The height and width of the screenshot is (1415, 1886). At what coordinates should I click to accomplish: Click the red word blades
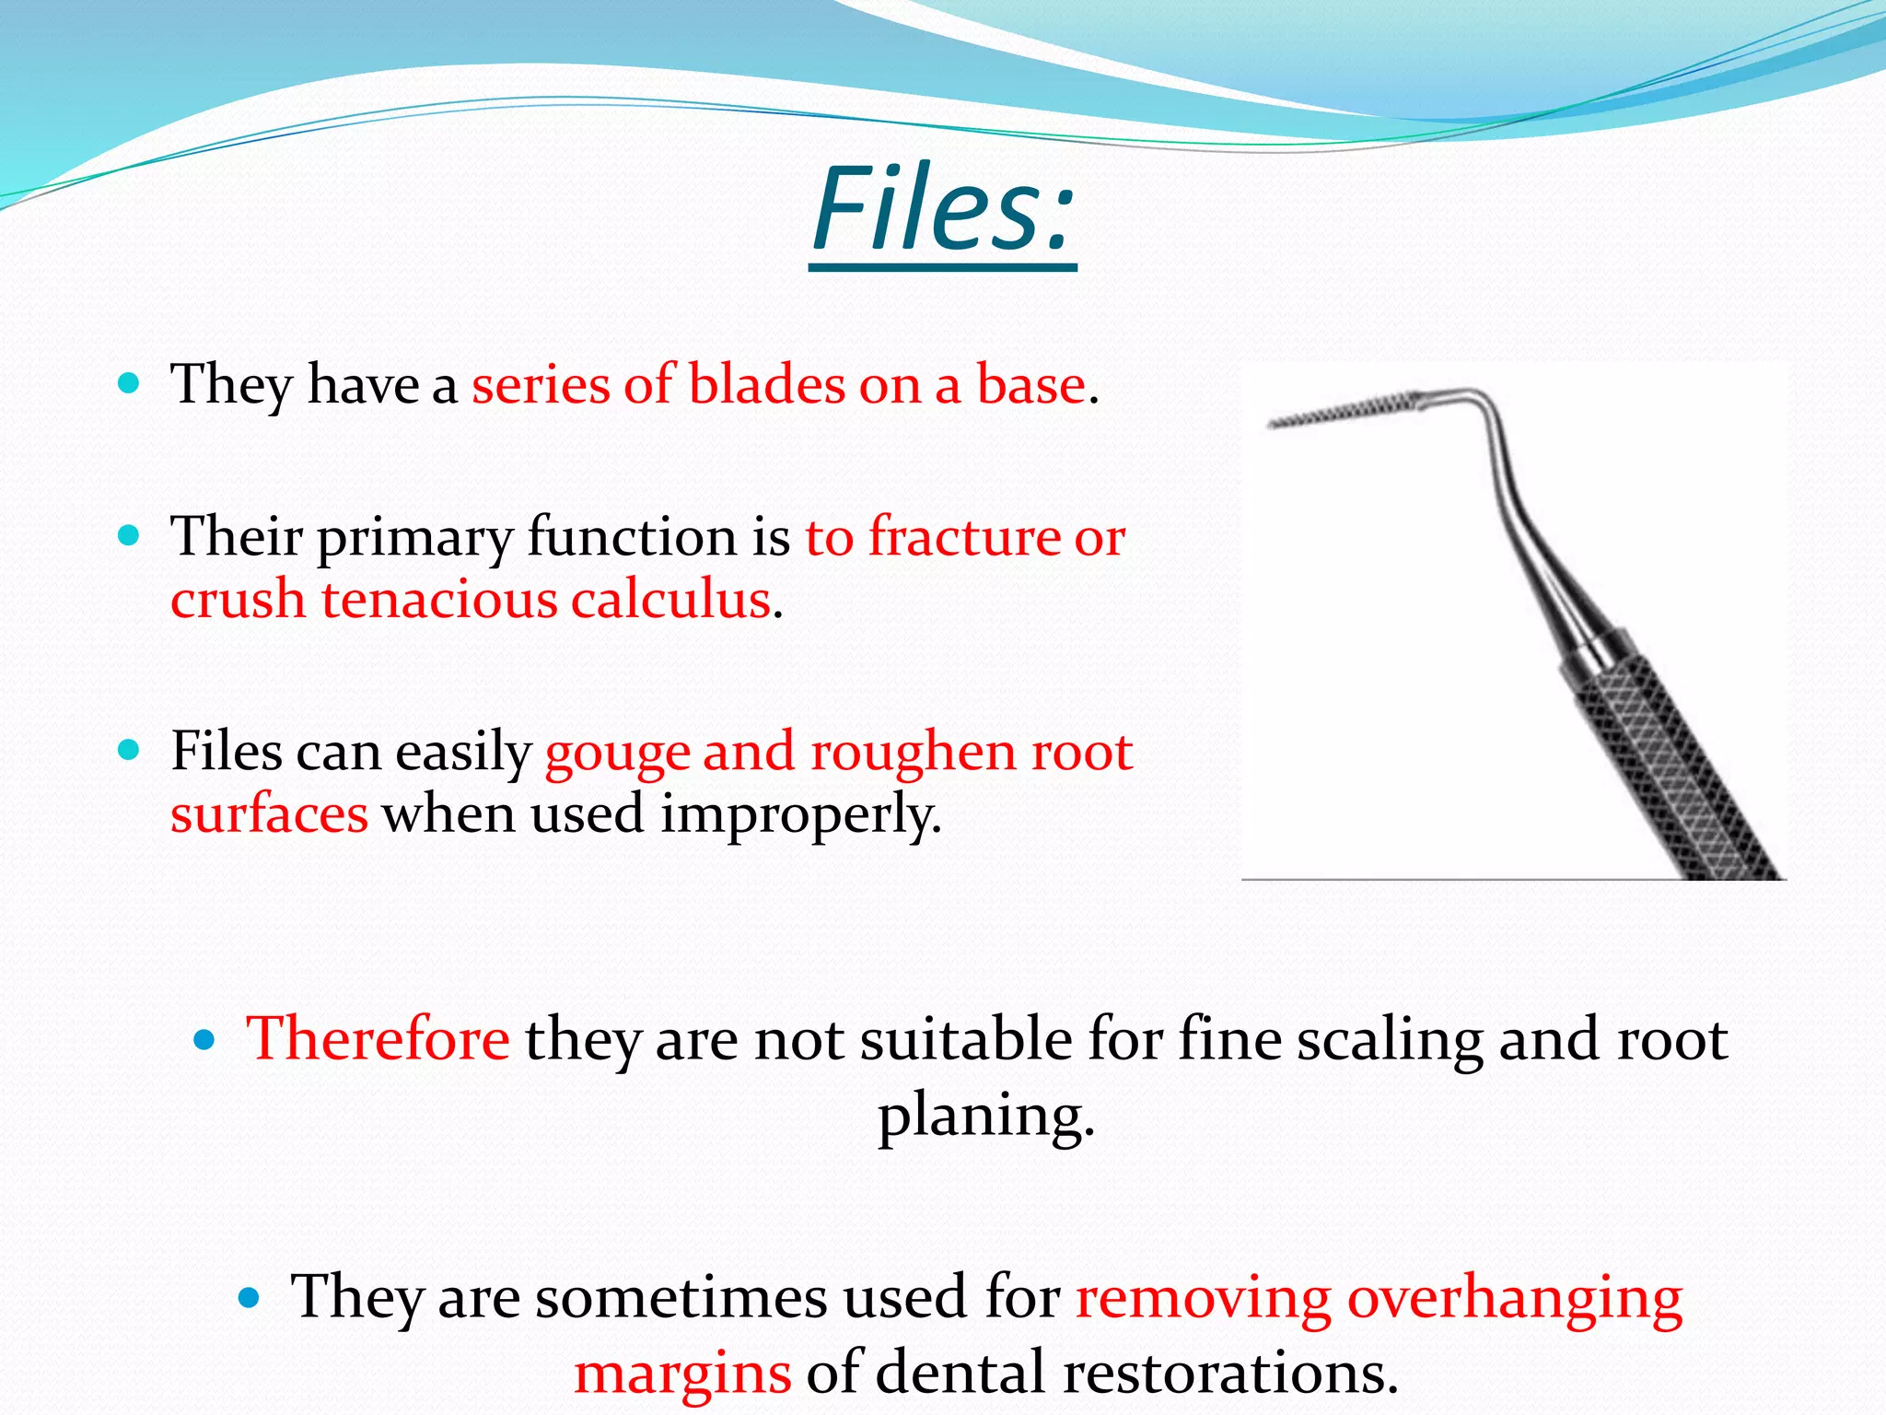pos(766,384)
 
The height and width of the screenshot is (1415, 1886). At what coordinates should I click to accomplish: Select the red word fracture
pos(964,537)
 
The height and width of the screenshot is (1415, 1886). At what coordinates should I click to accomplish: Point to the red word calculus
pos(670,600)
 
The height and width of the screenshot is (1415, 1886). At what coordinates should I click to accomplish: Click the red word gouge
pos(617,752)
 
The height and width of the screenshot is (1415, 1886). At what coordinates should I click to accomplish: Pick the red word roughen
pos(913,752)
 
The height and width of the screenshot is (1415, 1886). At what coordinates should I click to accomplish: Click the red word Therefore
pos(378,1039)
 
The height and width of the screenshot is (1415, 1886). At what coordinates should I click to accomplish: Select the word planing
pos(985,1117)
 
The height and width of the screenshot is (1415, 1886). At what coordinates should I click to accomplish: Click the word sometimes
pos(681,1297)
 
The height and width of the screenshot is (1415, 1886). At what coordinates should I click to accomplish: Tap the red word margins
pos(682,1373)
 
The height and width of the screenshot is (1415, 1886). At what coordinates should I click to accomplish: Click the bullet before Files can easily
pos(129,750)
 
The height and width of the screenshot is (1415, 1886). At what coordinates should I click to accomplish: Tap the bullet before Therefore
pos(204,1041)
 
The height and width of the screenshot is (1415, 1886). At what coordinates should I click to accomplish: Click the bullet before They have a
pos(129,383)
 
